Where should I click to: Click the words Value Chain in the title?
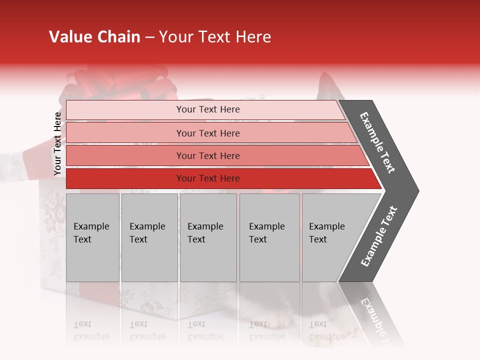point(94,37)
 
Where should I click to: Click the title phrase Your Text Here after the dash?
point(215,37)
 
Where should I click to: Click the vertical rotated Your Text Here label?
point(57,143)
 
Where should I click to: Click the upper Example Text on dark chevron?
point(377,142)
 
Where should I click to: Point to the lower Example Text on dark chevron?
point(379,236)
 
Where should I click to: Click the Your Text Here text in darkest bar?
point(208,178)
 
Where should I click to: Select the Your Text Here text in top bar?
point(208,109)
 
